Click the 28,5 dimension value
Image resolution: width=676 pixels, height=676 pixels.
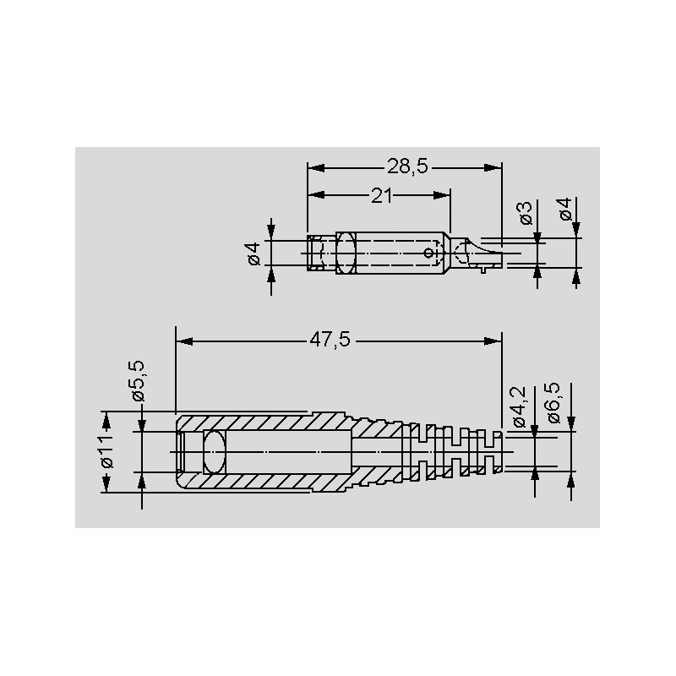pyautogui.click(x=407, y=166)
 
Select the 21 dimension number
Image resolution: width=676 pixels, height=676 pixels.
pyautogui.click(x=382, y=196)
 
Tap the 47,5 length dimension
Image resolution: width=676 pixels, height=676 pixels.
pyautogui.click(x=330, y=341)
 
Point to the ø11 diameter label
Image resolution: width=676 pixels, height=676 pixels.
pyautogui.click(x=106, y=451)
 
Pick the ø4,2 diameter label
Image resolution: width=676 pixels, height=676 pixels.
pyautogui.click(x=519, y=406)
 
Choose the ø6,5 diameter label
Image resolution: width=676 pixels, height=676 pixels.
pyautogui.click(x=553, y=403)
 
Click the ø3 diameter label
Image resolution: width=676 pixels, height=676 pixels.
pyautogui.click(x=526, y=214)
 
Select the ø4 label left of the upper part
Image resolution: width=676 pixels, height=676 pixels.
pyautogui.click(x=253, y=254)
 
